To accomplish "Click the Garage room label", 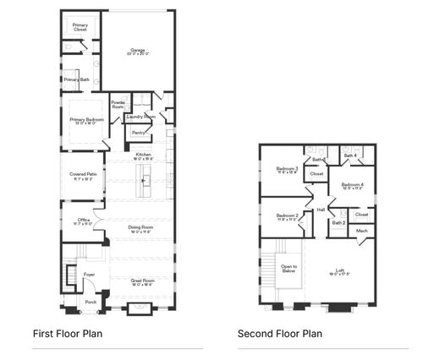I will [137, 51].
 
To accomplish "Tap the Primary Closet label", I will [80, 27].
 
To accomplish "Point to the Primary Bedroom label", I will [86, 120].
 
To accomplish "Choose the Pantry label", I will [138, 133].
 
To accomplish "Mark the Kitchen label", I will [144, 154].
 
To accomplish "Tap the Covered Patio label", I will [83, 175].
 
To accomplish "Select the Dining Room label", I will [140, 227].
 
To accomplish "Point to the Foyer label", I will [89, 274].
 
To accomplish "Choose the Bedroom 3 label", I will [288, 168].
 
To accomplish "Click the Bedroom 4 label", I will [352, 184].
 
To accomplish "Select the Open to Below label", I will [288, 268].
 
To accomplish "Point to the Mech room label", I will [361, 230].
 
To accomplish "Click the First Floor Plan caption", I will [67, 334].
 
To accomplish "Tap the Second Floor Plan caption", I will [280, 334].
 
